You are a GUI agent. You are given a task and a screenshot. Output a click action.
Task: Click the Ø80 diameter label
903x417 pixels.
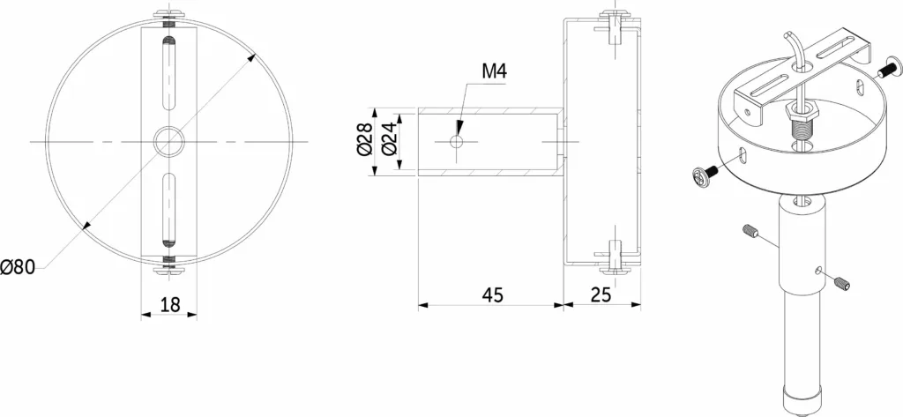pos(18,267)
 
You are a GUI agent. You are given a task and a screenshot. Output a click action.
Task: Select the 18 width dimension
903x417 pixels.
pos(170,305)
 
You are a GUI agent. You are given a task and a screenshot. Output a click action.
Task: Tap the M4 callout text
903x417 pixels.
pos(494,71)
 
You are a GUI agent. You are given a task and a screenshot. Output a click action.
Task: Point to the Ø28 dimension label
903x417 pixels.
pos(364,141)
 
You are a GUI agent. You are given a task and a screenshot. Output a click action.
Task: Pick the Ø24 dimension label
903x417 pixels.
pos(389,141)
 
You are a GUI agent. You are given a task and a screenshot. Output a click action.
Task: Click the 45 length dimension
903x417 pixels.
pos(492,294)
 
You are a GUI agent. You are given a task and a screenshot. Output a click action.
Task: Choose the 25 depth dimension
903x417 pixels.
pos(601,294)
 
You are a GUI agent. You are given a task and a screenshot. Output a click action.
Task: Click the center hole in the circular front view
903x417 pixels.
pos(168,141)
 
